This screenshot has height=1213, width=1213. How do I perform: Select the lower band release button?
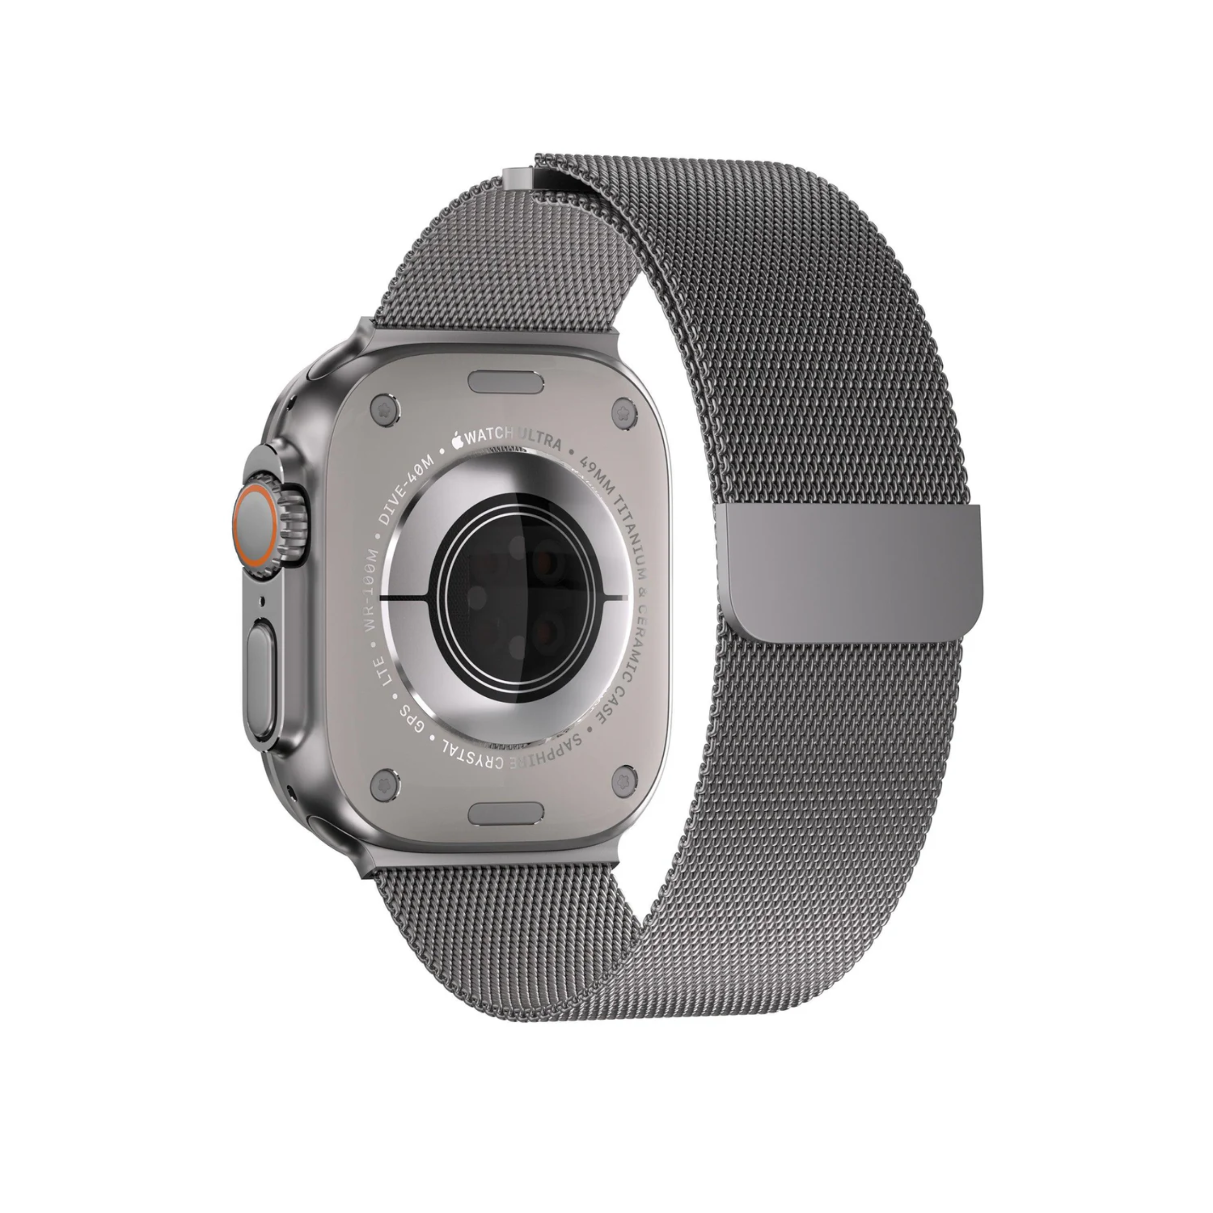[506, 813]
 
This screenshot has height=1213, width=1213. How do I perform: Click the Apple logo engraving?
[457, 438]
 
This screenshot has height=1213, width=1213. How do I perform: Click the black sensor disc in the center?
[502, 596]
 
